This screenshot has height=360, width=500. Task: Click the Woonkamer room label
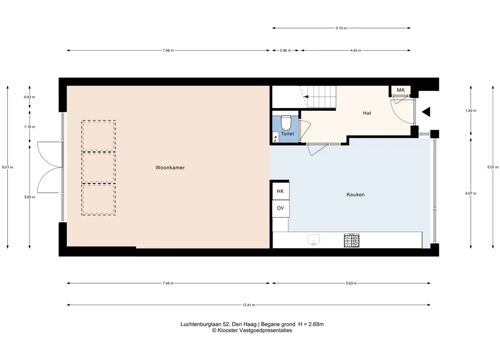[170, 168]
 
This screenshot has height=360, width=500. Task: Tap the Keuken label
[355, 195]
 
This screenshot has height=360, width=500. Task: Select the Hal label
[367, 113]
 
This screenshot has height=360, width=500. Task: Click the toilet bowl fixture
[286, 122]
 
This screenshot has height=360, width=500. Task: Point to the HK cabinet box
[281, 191]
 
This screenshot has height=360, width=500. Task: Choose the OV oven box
[281, 208]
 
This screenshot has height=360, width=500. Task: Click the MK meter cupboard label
[401, 90]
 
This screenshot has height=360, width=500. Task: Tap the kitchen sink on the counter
[314, 240]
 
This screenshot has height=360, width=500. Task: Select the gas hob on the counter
[352, 240]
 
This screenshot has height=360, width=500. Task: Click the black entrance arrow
[426, 112]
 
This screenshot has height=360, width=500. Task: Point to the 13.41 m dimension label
[249, 305]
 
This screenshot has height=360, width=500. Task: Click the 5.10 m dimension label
[341, 28]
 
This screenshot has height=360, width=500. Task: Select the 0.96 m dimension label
[286, 50]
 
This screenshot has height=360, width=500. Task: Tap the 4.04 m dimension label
[355, 50]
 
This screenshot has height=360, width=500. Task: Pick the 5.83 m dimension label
[352, 283]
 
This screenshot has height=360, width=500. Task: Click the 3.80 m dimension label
[30, 197]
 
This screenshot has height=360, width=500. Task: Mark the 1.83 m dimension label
[471, 111]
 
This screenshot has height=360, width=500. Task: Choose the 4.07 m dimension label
[471, 193]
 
